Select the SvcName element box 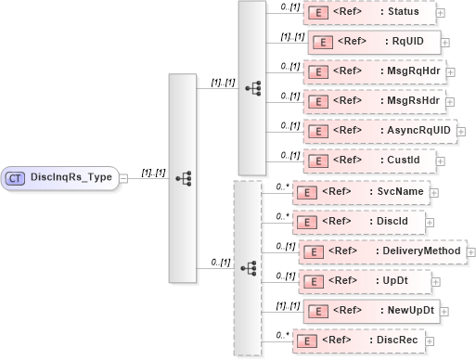point(360,192)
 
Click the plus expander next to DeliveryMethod point(469,251)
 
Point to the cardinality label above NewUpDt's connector point(289,303)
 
